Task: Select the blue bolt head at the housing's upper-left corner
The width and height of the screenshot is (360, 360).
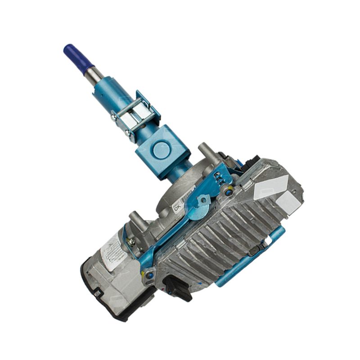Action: pos(230,193)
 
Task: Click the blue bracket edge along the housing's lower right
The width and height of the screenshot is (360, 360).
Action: pos(252,265)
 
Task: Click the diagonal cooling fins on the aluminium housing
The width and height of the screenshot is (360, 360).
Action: pos(225,234)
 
